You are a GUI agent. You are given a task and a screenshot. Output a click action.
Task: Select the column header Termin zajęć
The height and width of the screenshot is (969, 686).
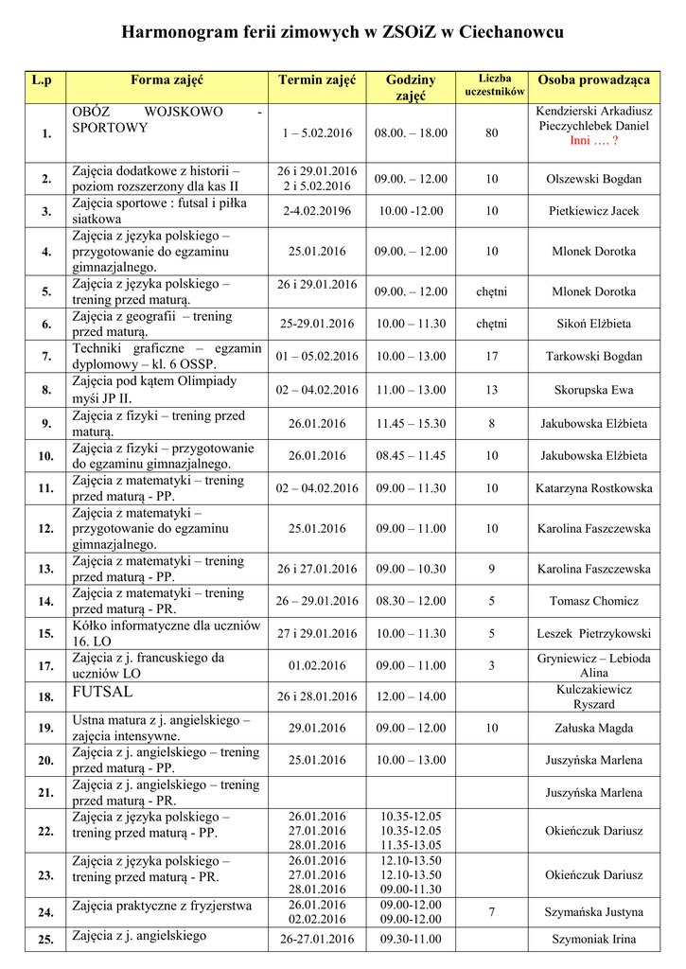[317, 80]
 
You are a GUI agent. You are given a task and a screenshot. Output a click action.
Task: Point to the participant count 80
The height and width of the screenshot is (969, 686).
[491, 133]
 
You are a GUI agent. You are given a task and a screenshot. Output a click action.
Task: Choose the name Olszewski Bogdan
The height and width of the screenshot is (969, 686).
[594, 179]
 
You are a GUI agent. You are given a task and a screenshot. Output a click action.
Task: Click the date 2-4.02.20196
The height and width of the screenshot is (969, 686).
[317, 211]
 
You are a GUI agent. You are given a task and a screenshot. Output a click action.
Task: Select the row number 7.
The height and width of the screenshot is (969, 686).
[46, 357]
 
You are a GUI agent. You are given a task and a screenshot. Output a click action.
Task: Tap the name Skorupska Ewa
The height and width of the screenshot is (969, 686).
[594, 389]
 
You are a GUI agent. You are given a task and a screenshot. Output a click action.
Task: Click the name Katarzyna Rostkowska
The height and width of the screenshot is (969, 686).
[594, 488]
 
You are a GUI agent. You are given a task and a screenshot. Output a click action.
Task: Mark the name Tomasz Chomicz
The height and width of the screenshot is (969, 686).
[594, 601]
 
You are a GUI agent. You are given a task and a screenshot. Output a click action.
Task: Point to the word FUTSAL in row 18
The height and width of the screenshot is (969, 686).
[102, 692]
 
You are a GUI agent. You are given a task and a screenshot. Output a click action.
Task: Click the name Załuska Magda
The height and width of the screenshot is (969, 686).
[594, 729]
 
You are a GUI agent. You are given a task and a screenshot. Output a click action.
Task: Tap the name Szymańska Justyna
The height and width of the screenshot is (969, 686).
[594, 912]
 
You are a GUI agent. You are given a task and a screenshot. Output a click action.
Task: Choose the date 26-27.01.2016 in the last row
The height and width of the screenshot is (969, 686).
[317, 940]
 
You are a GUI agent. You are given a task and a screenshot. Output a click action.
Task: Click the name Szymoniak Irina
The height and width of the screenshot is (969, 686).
[594, 940]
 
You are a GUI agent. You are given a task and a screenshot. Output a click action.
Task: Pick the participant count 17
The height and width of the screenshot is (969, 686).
[491, 357]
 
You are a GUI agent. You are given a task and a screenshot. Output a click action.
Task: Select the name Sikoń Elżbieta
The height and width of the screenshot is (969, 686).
[594, 324]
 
